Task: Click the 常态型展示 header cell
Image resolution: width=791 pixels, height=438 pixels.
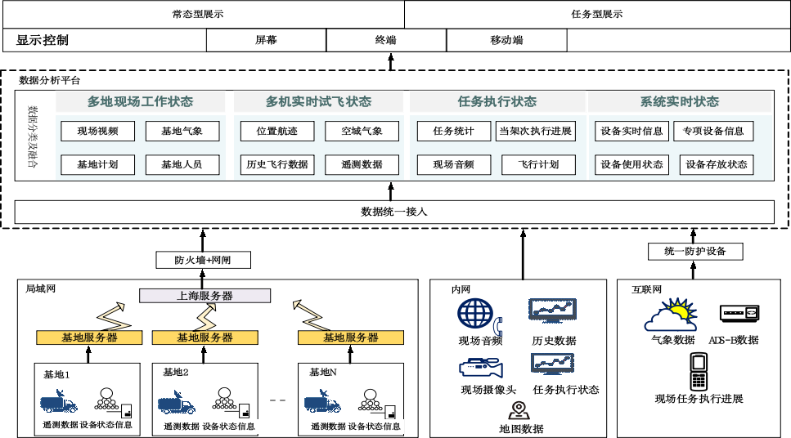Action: (x=203, y=14)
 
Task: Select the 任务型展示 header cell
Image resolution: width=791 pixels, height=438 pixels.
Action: (x=596, y=14)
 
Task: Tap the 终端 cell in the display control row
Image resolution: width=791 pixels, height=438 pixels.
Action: (x=386, y=40)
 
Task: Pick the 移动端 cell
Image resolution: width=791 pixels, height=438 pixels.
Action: (x=506, y=40)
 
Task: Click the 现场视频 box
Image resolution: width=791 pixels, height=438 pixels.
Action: (x=98, y=131)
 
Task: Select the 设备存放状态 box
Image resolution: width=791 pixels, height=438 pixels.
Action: (x=717, y=164)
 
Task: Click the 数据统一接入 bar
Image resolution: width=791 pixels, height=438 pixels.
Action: (x=394, y=212)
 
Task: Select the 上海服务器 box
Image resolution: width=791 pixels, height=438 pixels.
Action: (x=204, y=295)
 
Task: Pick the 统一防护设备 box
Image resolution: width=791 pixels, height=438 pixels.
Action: (x=695, y=251)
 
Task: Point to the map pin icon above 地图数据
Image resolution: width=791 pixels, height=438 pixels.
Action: (x=518, y=410)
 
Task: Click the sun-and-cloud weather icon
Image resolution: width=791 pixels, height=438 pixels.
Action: (x=673, y=315)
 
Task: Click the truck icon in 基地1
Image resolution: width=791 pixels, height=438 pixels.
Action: (x=59, y=403)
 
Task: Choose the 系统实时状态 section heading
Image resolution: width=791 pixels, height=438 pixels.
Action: (x=679, y=101)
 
